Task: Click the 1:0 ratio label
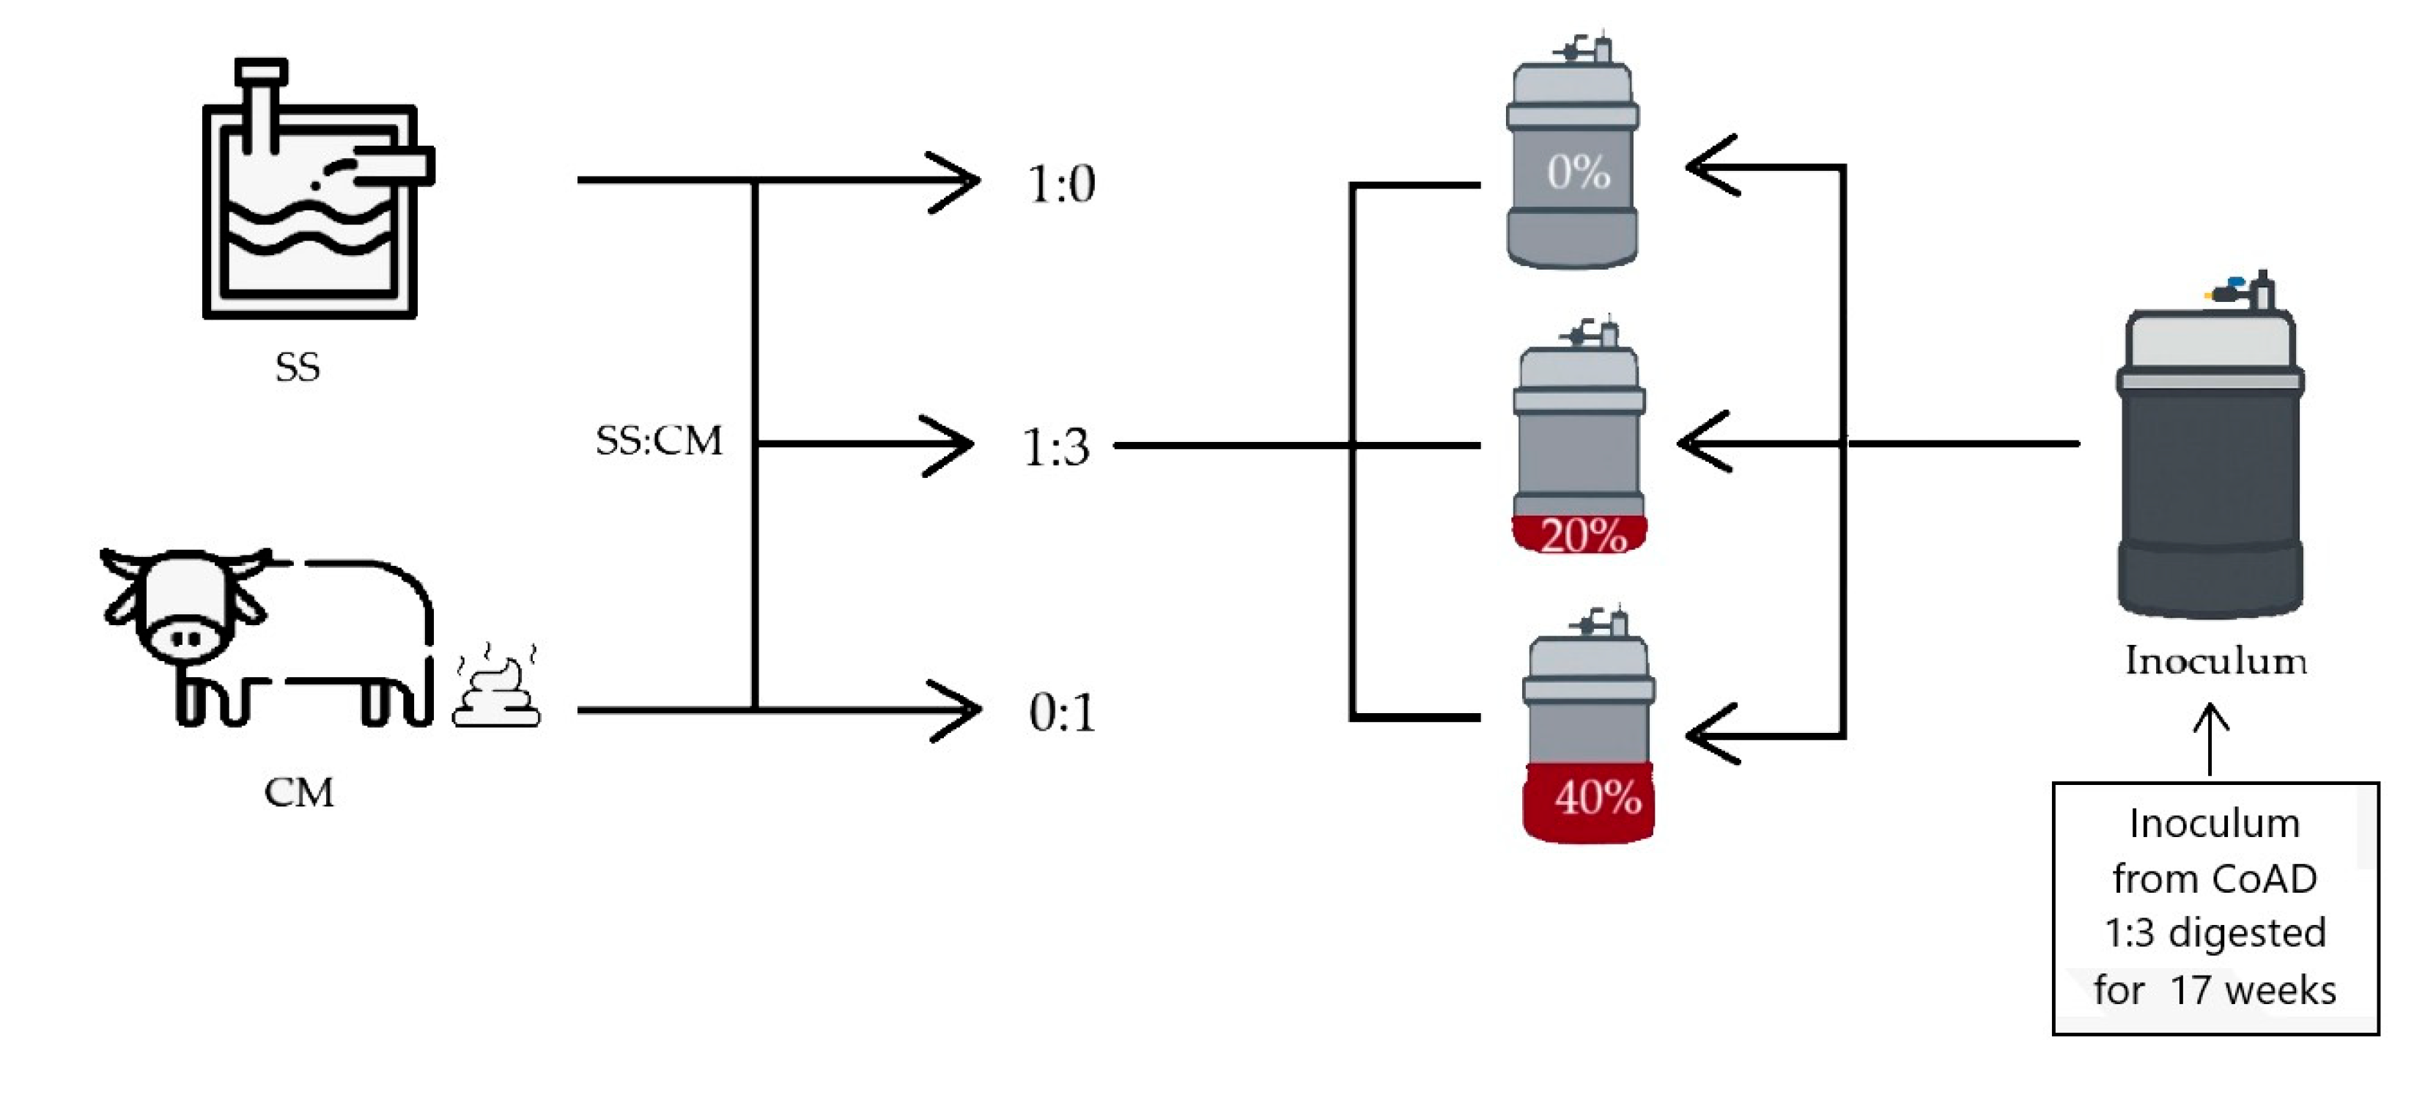click(x=1061, y=183)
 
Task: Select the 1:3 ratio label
click(x=1055, y=447)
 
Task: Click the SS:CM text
click(x=658, y=440)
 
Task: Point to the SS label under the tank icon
click(x=297, y=367)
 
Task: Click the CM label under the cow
click(x=299, y=792)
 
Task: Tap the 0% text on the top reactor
click(x=1577, y=172)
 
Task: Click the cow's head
click(x=185, y=605)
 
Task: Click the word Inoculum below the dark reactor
click(x=2215, y=661)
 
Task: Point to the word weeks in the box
click(x=2280, y=991)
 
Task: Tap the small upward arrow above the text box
click(x=2210, y=737)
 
